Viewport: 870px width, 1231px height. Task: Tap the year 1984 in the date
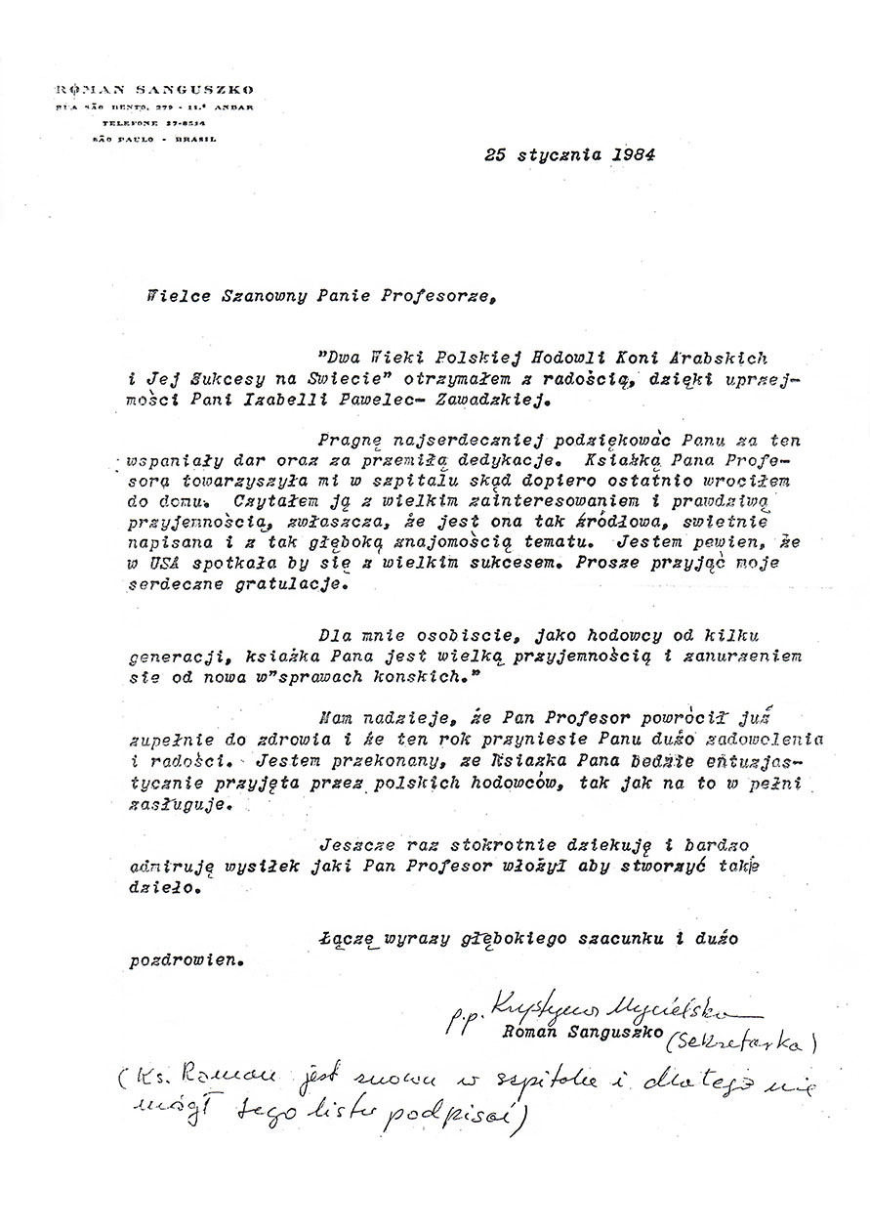pos(630,152)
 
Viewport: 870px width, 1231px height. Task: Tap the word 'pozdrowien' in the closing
pos(186,958)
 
